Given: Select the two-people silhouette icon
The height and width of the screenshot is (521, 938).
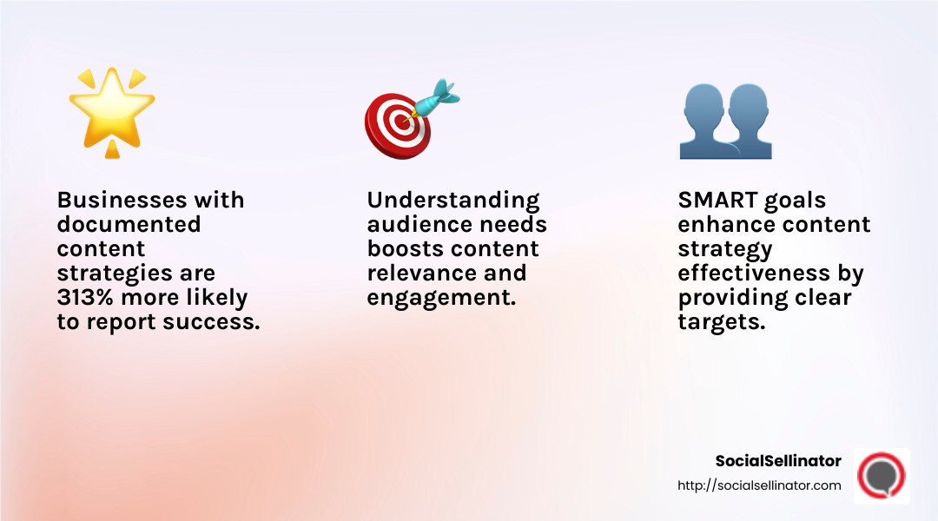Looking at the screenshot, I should coord(725,122).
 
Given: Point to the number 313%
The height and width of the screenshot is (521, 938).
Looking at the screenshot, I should coord(89,298).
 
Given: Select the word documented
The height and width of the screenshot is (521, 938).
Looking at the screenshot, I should coord(129,225).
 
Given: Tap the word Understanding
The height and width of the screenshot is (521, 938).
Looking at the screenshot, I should coord(453,201).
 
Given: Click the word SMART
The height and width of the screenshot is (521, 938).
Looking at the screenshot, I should coord(717,201).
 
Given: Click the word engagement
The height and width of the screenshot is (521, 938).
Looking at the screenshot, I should coord(439,298).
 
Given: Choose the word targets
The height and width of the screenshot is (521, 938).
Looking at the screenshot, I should coord(720,322).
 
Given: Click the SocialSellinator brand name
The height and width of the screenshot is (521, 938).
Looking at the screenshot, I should coord(778,461).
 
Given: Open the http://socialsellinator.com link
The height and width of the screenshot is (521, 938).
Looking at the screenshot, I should coord(759,486).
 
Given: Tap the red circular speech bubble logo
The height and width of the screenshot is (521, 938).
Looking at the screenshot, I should coord(882,476).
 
